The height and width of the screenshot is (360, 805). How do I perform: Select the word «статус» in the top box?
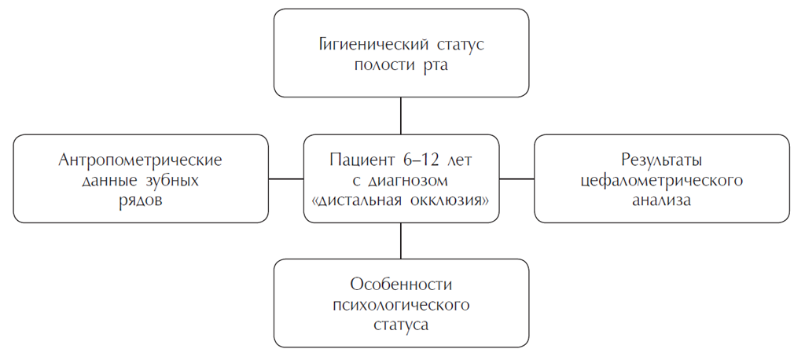pos(454,44)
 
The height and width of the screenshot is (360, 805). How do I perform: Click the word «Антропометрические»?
pos(141,160)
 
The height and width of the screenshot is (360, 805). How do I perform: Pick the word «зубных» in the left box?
pos(171,180)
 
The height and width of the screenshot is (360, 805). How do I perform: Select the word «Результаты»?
pos(661,160)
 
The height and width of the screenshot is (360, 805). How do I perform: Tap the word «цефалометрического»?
pos(661,180)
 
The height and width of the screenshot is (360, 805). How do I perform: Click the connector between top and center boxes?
pos(401,116)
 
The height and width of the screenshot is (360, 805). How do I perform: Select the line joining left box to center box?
pos(286,178)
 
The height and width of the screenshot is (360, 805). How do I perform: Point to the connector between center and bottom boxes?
pos(401,241)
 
